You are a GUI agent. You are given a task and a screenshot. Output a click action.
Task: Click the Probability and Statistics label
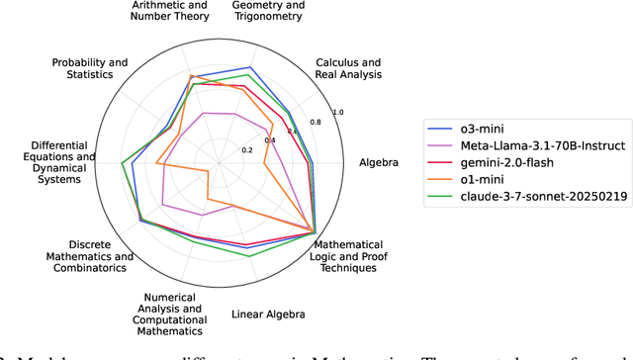coord(90,70)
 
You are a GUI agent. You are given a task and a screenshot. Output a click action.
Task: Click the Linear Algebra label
coord(268,314)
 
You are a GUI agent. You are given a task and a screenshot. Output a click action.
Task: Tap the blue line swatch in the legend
coord(438,129)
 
